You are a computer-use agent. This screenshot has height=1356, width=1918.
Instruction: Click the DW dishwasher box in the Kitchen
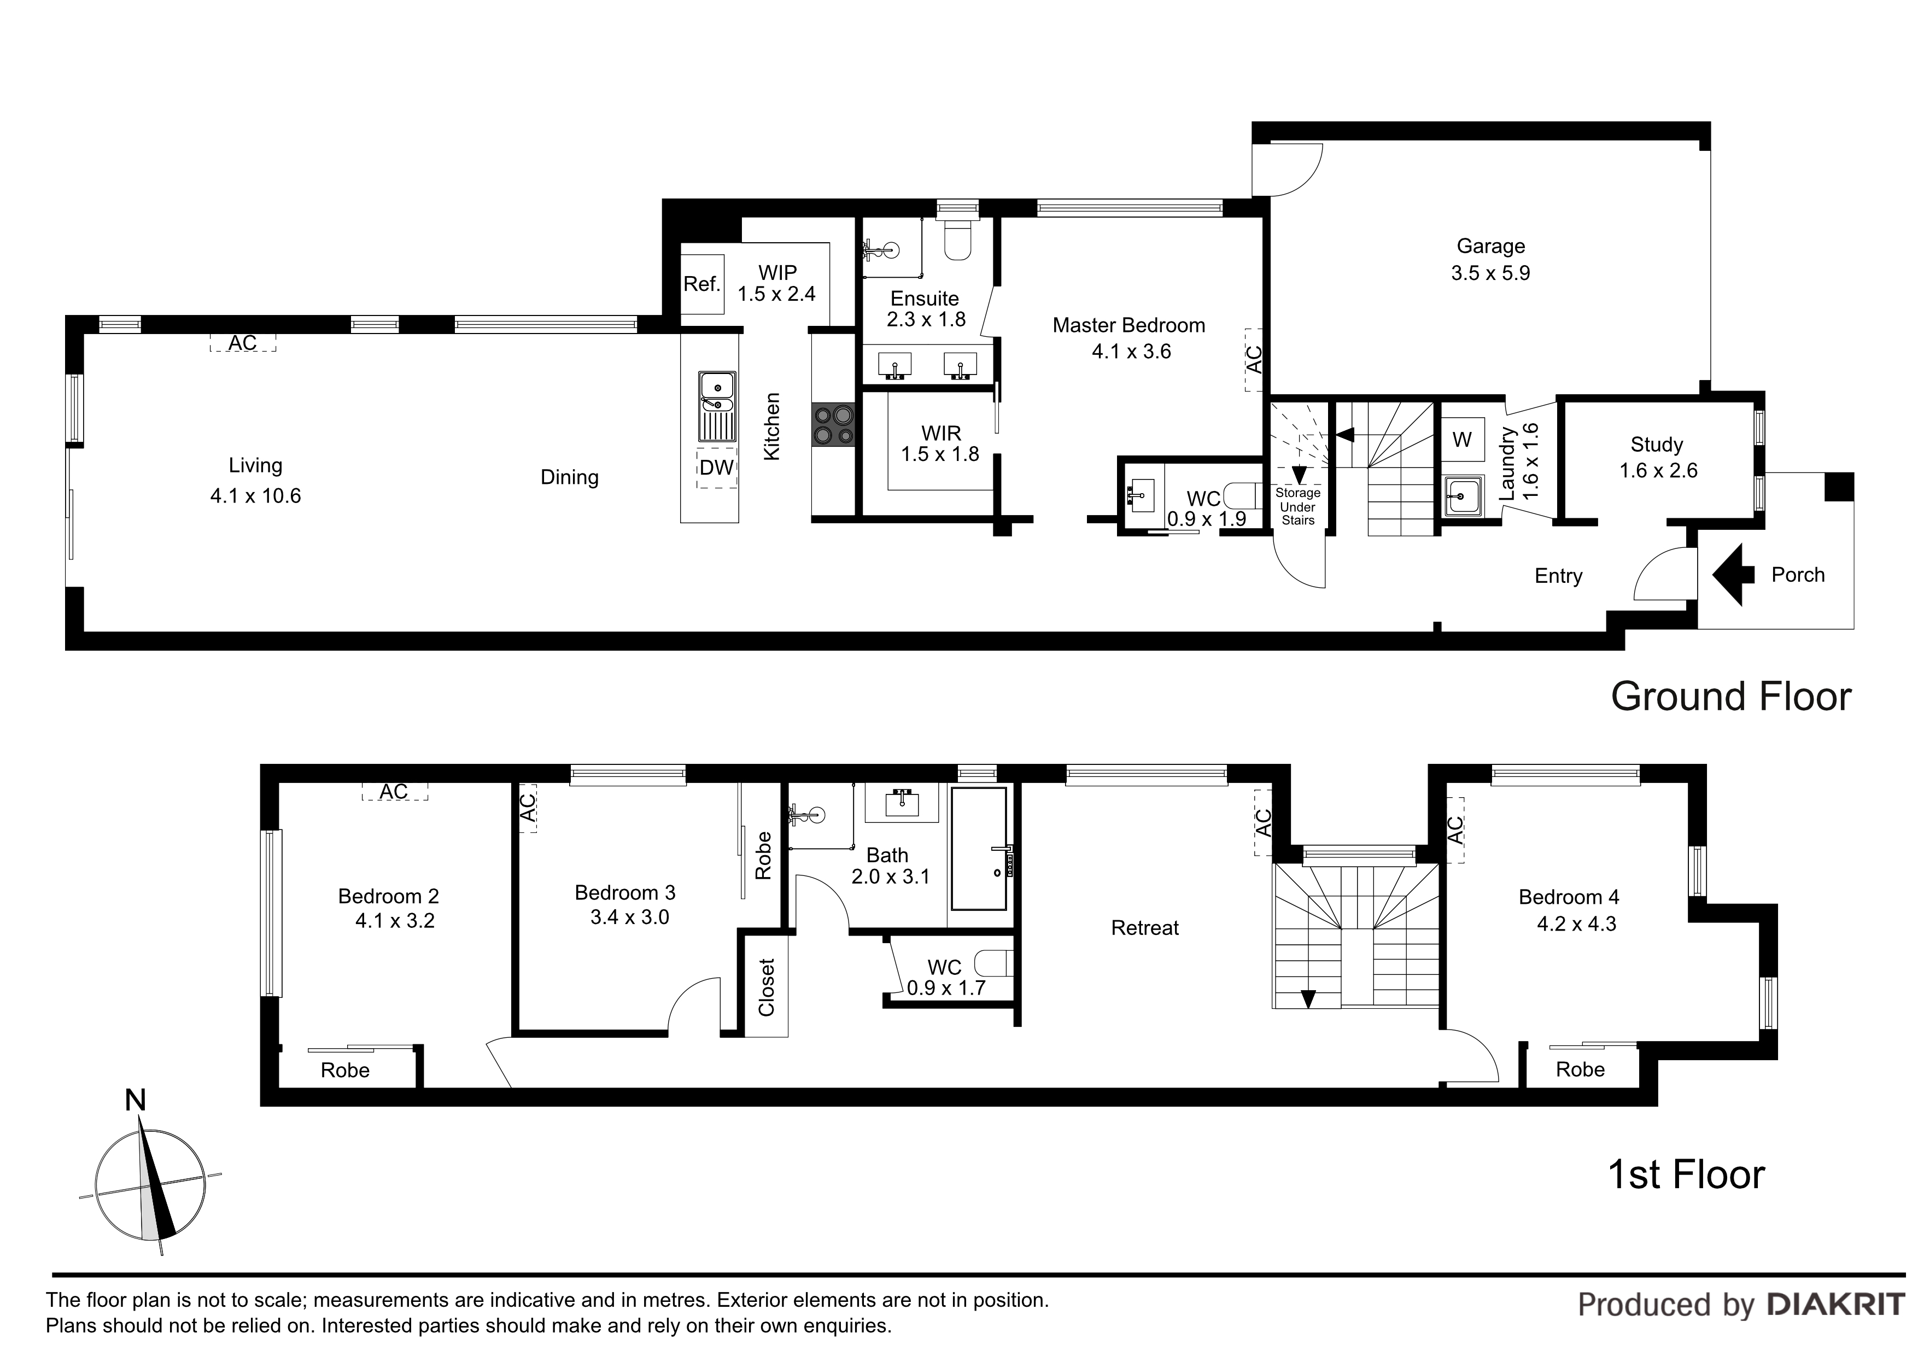717,468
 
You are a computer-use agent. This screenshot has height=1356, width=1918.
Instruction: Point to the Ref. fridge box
701,284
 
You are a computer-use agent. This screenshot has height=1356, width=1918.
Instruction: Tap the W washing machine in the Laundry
1462,440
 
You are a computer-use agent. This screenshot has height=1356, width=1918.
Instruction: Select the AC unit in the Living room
243,342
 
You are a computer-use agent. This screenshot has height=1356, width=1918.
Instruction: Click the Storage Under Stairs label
1297,506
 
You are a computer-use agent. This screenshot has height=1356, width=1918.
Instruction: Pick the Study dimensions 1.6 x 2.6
1658,470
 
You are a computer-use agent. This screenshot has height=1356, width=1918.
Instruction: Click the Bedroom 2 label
388,897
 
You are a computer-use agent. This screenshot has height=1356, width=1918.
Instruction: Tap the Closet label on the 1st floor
766,987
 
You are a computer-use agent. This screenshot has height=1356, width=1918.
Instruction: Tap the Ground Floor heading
1731,696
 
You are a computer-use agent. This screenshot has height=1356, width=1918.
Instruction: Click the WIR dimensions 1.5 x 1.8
940,454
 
